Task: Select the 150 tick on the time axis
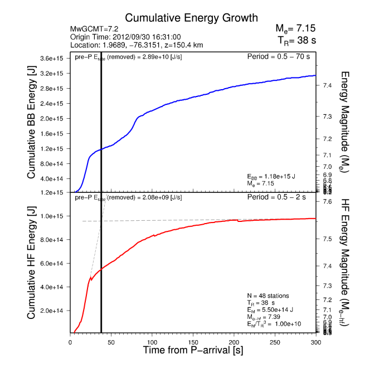(x=193, y=341)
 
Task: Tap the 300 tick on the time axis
(x=316, y=341)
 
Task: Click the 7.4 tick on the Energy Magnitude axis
(x=327, y=85)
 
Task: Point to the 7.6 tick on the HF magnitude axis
(x=327, y=201)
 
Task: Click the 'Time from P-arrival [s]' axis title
(x=193, y=351)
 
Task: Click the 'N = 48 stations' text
(x=268, y=295)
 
